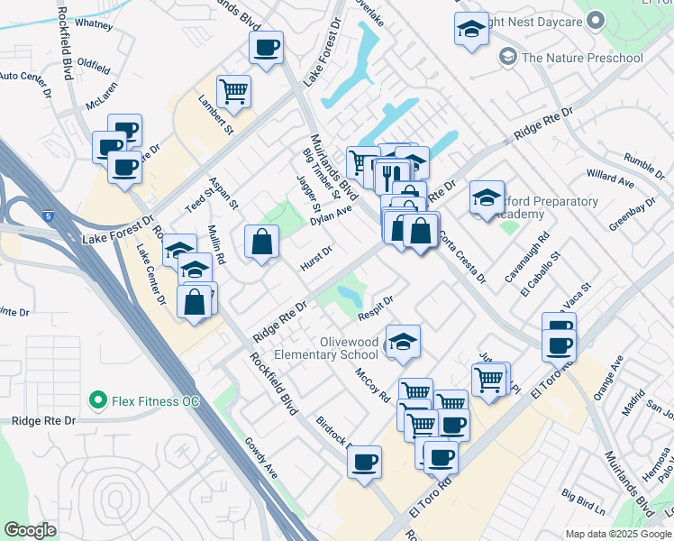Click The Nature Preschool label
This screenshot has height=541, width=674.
pyautogui.click(x=582, y=59)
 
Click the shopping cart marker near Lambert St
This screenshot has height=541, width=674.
pyautogui.click(x=233, y=91)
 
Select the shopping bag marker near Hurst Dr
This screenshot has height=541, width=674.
pyautogui.click(x=261, y=242)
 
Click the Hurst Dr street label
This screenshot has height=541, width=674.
pyautogui.click(x=316, y=261)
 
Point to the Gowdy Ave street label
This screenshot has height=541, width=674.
pyautogui.click(x=261, y=457)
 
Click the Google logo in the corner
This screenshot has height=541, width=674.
pyautogui.click(x=30, y=530)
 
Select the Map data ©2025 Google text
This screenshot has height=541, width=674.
pyautogui.click(x=618, y=534)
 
